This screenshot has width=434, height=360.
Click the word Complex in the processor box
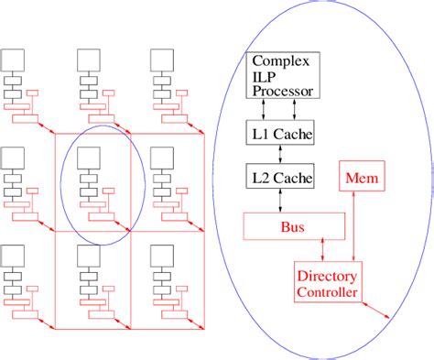(x=281, y=63)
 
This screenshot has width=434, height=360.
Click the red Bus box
(x=295, y=225)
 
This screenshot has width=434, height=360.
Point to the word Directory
(x=326, y=278)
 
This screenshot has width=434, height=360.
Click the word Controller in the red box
(x=327, y=292)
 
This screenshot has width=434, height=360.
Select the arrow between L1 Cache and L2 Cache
(x=280, y=155)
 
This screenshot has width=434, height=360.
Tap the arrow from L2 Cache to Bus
(x=280, y=201)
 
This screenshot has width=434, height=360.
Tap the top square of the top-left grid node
(x=13, y=60)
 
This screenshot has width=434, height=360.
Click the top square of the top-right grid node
(x=163, y=60)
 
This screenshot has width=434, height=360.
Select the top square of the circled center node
(x=88, y=158)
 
